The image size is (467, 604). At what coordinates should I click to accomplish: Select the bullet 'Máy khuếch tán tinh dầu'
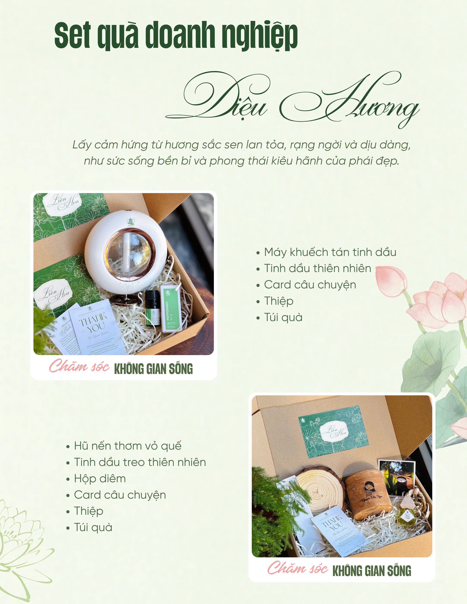[x=330, y=252]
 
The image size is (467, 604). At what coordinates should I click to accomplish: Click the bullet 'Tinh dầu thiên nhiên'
[x=317, y=269]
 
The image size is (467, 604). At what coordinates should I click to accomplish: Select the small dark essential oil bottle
[x=152, y=307]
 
